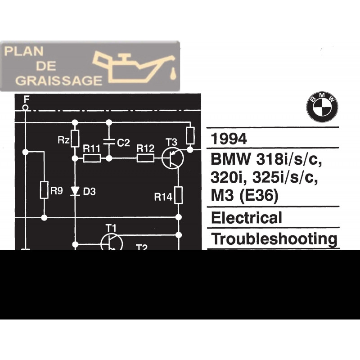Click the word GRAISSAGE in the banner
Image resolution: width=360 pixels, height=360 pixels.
pyautogui.click(x=53, y=80)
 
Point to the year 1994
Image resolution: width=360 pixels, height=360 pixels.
pyautogui.click(x=229, y=139)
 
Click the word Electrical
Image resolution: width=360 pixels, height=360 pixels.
pyautogui.click(x=247, y=218)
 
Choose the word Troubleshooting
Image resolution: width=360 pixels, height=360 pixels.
pyautogui.click(x=274, y=238)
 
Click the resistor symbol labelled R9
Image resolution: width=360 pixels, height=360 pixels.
pyautogui.click(x=44, y=190)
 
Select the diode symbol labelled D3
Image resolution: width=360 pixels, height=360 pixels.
pyautogui.click(x=75, y=191)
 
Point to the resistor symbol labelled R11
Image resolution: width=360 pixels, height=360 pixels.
pyautogui.click(x=92, y=158)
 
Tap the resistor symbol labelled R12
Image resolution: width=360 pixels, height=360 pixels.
pyautogui.click(x=145, y=158)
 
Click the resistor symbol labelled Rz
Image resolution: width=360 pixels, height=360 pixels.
pyautogui.click(x=75, y=138)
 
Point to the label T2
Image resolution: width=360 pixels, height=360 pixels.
pyautogui.click(x=142, y=247)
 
